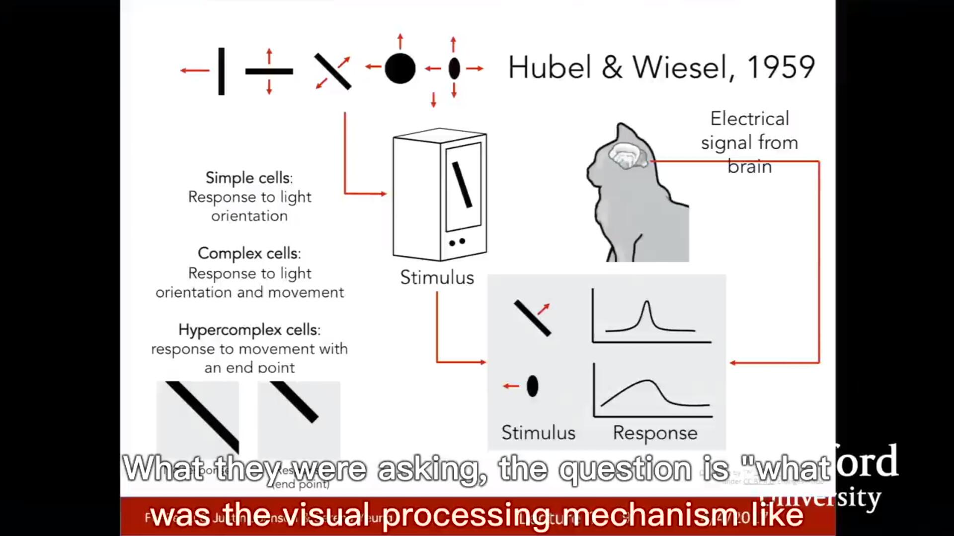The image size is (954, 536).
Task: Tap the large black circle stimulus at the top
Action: (x=400, y=68)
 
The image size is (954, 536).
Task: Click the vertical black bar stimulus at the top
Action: (x=221, y=71)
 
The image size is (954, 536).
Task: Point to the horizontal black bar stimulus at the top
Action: (x=269, y=71)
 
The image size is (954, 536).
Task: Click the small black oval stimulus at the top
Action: (x=454, y=68)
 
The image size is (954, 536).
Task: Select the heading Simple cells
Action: (x=249, y=178)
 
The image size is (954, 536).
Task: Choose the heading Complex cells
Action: (x=249, y=253)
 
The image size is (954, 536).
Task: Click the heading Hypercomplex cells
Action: (x=249, y=330)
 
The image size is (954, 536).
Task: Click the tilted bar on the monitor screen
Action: (x=462, y=185)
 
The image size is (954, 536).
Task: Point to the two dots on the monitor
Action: (x=457, y=242)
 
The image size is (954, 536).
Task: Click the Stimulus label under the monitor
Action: (x=437, y=277)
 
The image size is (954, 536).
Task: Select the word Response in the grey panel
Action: (x=655, y=433)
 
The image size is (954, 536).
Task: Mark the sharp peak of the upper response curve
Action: (x=646, y=302)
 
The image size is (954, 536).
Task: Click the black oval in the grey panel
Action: (x=532, y=386)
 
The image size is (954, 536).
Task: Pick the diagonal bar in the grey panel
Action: (x=532, y=318)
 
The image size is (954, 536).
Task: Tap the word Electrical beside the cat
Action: (x=749, y=119)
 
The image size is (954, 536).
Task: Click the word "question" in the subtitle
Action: (x=625, y=469)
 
